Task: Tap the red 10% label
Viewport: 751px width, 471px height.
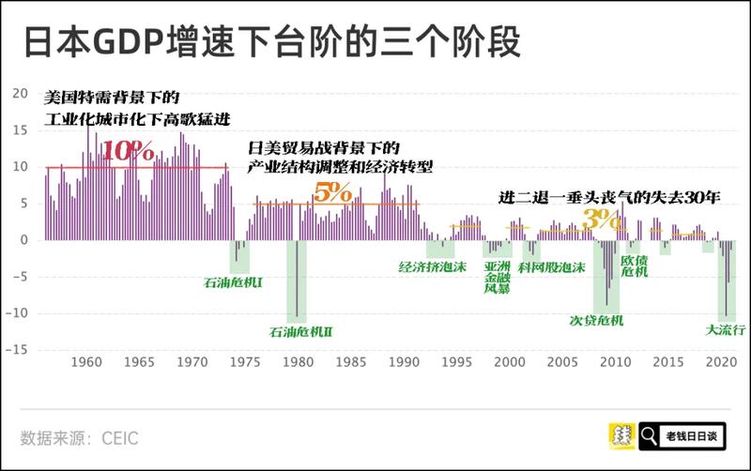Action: [x=128, y=151]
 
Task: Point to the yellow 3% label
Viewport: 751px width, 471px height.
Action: [x=596, y=219]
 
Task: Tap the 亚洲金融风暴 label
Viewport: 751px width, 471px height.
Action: [x=497, y=278]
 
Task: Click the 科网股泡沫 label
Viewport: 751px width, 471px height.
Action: [x=553, y=266]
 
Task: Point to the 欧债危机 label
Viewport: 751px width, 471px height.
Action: [x=635, y=266]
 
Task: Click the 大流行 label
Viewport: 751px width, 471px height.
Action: [x=726, y=329]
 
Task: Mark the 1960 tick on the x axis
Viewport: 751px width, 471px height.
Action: [x=86, y=362]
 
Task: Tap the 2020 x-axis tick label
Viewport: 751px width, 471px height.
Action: [x=721, y=362]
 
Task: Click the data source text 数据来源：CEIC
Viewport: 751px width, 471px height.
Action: [x=81, y=437]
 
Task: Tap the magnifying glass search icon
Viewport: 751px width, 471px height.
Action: [x=649, y=435]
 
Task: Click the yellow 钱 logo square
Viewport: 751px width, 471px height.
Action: [x=621, y=435]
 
